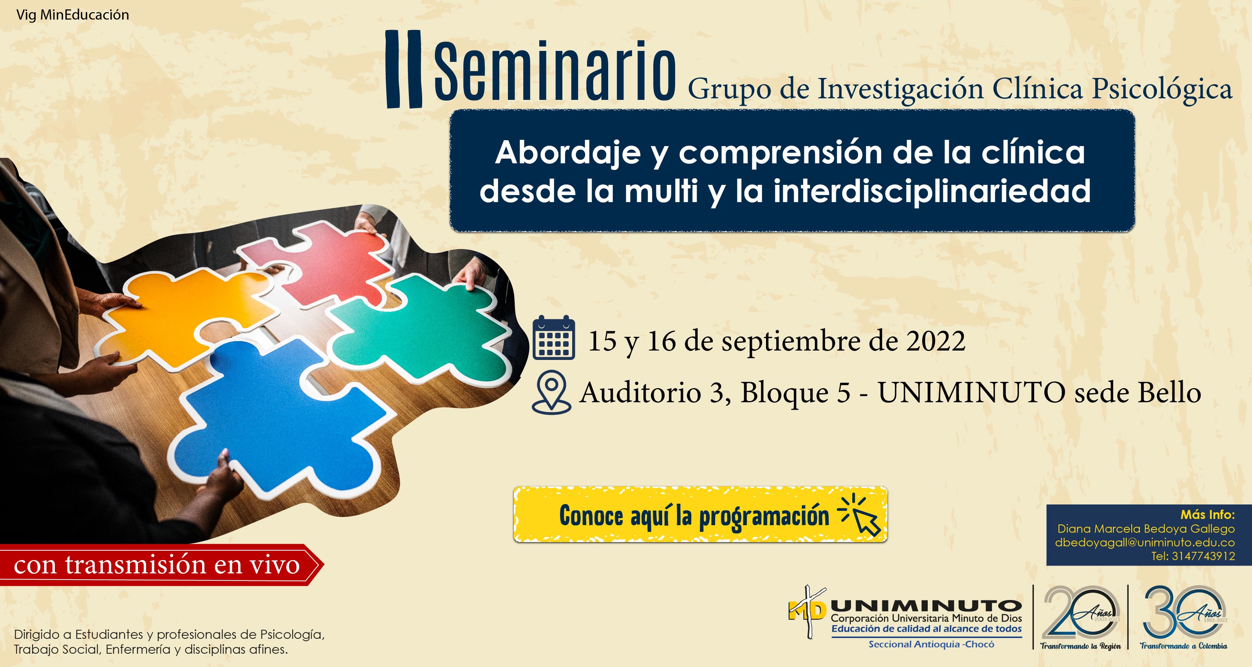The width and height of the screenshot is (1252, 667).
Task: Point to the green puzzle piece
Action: coord(418,331)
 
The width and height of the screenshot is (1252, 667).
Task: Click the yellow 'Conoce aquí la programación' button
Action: coord(700,514)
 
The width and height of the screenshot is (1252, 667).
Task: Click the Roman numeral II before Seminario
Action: coord(403,69)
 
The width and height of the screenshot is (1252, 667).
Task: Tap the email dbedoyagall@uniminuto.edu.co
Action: coord(1145,542)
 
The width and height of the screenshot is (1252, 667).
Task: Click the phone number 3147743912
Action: coord(1203,556)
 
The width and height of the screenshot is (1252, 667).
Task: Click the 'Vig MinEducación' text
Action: coord(73,15)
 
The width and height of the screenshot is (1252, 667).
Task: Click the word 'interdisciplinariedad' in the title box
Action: coord(932,191)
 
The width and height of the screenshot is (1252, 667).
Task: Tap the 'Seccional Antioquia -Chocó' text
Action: coord(931,645)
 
